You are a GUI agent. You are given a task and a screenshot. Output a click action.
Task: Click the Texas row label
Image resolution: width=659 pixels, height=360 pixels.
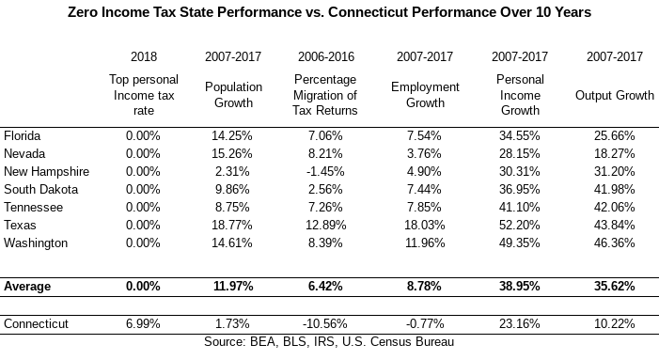click(20, 226)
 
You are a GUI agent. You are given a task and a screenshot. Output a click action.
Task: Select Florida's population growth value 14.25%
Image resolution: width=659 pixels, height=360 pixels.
click(232, 135)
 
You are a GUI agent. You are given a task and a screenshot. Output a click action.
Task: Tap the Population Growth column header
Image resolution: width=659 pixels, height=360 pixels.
click(233, 95)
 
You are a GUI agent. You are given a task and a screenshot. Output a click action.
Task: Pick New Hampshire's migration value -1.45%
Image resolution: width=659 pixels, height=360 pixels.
click(325, 171)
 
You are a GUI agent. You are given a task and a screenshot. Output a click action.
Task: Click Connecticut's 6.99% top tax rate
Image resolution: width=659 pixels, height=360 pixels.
click(143, 323)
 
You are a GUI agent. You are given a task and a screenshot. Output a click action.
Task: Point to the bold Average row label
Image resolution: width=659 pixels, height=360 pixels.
click(27, 286)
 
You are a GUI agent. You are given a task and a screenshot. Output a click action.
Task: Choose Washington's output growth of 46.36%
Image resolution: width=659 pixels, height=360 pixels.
click(615, 243)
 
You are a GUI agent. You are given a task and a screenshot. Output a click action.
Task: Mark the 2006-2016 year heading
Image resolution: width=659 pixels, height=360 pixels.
click(326, 56)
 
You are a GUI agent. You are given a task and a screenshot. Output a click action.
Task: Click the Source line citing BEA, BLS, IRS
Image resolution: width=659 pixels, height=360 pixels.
click(329, 341)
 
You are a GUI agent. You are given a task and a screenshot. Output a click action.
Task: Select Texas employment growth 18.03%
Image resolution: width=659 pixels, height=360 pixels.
click(425, 226)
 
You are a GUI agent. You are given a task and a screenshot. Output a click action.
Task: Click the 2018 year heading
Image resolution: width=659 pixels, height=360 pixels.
click(144, 56)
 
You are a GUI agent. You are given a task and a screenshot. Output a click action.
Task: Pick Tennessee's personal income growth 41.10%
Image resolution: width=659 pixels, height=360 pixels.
click(520, 207)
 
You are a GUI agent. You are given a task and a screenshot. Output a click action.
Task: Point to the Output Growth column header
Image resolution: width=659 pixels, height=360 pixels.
click(615, 95)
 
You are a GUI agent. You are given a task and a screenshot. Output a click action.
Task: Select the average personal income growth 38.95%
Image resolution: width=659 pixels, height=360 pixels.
click(520, 286)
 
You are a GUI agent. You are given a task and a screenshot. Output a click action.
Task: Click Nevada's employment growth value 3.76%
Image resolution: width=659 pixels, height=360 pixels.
click(424, 154)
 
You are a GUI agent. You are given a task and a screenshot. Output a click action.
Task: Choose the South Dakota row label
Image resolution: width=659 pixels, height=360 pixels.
click(40, 190)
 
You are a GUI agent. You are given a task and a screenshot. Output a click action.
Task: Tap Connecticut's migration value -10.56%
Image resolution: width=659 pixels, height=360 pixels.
click(325, 323)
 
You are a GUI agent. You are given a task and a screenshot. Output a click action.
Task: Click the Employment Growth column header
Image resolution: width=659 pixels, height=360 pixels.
click(425, 95)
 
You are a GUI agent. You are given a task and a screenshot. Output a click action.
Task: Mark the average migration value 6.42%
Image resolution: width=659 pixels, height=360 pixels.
click(325, 286)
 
